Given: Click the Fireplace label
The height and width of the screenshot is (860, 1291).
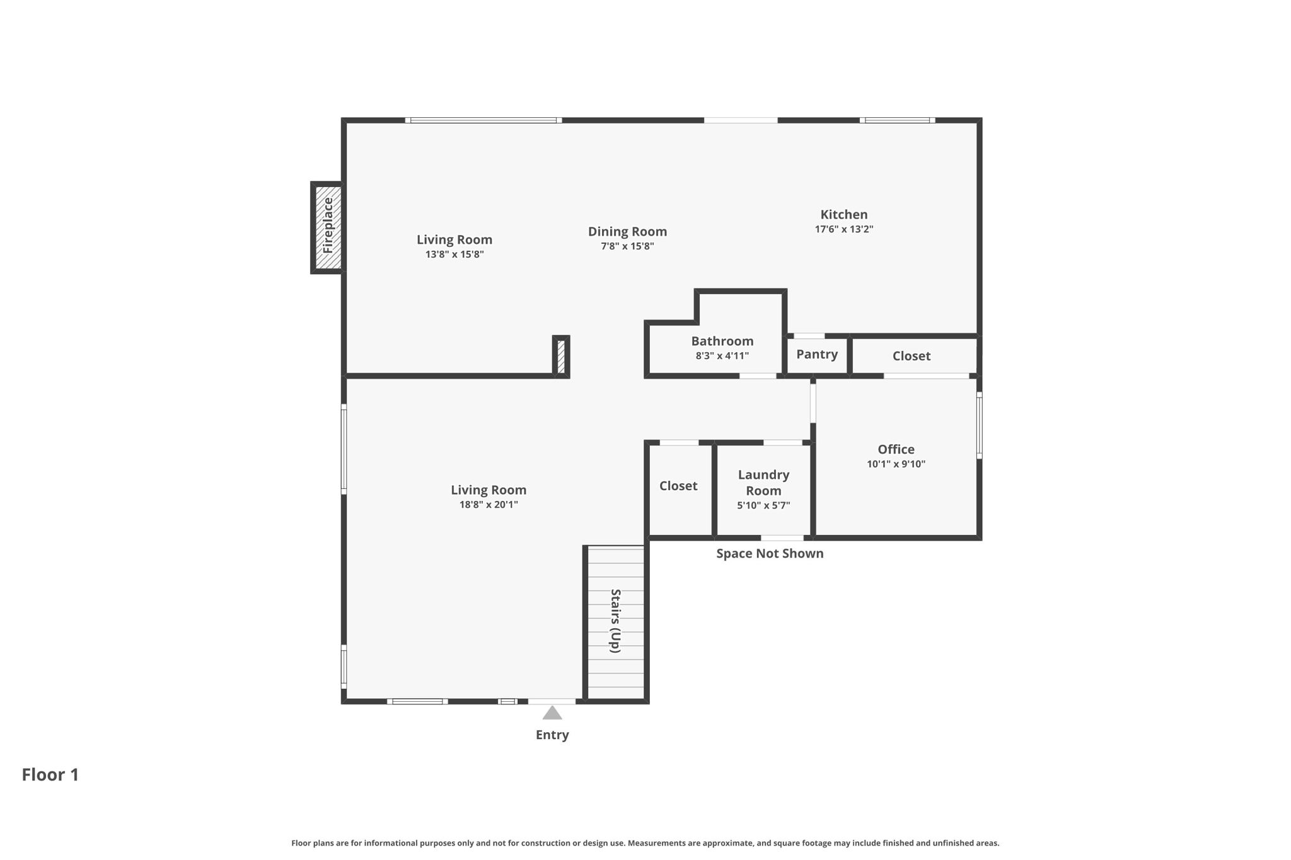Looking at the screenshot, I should pyautogui.click(x=328, y=226).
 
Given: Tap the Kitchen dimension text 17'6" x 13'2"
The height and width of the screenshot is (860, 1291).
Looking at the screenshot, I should pyautogui.click(x=843, y=229).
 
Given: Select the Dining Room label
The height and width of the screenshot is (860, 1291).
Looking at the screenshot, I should pyautogui.click(x=627, y=231).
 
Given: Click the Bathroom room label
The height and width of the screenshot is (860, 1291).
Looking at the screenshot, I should pyautogui.click(x=722, y=341).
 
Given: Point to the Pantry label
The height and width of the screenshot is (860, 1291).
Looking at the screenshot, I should pyautogui.click(x=816, y=354).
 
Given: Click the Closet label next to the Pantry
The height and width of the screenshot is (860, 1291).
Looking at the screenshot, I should pyautogui.click(x=911, y=356).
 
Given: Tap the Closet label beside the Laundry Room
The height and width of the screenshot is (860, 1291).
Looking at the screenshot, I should pyautogui.click(x=678, y=486).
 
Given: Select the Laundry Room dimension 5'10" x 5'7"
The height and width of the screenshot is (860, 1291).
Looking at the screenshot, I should pyautogui.click(x=763, y=505).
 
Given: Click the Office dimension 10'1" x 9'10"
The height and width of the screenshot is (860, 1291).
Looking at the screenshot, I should pyautogui.click(x=895, y=464).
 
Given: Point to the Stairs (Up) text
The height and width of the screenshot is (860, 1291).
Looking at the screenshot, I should pyautogui.click(x=615, y=621).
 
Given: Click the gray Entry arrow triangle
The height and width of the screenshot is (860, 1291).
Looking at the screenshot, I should pyautogui.click(x=552, y=713).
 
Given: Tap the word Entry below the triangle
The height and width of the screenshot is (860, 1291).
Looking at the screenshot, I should pyautogui.click(x=552, y=735).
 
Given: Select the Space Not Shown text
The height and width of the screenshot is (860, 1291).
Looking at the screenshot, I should pyautogui.click(x=769, y=553).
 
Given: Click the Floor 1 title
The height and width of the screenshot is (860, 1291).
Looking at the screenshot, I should pyautogui.click(x=50, y=774).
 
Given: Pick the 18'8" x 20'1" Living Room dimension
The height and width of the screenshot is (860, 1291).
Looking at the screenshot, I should pyautogui.click(x=488, y=505).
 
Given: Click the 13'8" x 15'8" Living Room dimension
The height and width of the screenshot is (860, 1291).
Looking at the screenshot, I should pyautogui.click(x=454, y=255).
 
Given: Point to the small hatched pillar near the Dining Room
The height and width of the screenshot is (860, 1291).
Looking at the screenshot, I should pyautogui.click(x=561, y=357).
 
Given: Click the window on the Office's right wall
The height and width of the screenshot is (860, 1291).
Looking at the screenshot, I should pyautogui.click(x=979, y=425).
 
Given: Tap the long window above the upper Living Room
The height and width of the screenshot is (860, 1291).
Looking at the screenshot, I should pyautogui.click(x=483, y=120).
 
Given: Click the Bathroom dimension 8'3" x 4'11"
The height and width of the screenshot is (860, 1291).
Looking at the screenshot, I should pyautogui.click(x=722, y=356).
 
